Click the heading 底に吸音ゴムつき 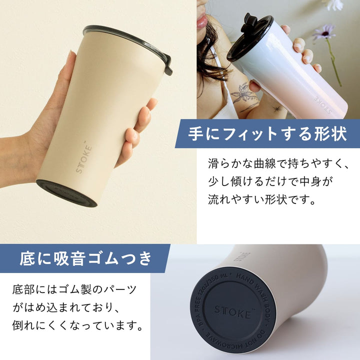pyautogui.click(x=85, y=258)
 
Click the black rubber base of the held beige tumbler pyautogui.click(x=66, y=193)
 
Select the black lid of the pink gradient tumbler pyautogui.click(x=250, y=37)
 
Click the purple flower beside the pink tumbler pyautogui.click(x=323, y=32)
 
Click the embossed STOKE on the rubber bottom pyautogui.click(x=232, y=310)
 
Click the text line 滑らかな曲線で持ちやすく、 pyautogui.click(x=277, y=163)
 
